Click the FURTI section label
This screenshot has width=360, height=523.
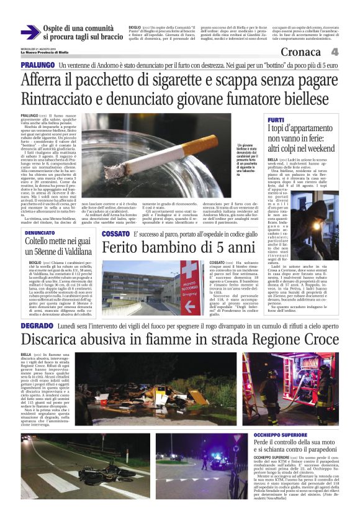[276, 119]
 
